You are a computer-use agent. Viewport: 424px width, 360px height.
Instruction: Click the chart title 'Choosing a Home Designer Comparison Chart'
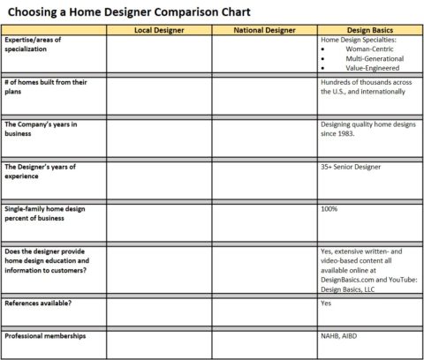click(x=128, y=12)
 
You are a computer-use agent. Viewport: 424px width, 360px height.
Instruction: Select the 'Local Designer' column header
click(x=158, y=31)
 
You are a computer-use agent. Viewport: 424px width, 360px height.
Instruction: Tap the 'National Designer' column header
click(x=263, y=31)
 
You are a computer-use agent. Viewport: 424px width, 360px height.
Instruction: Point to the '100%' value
click(x=329, y=208)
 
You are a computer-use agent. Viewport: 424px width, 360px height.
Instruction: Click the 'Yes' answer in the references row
click(x=326, y=303)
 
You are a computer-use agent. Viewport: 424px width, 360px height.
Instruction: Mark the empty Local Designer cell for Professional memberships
click(x=158, y=344)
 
